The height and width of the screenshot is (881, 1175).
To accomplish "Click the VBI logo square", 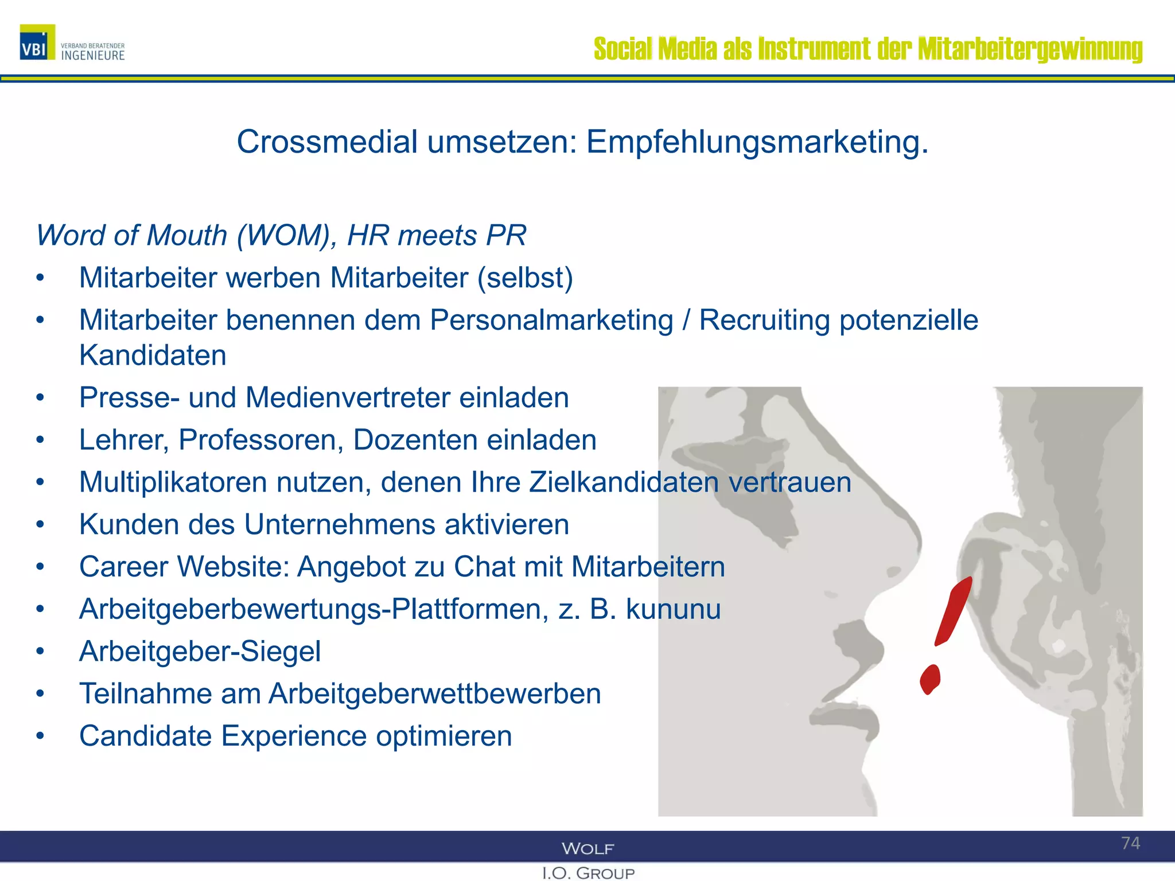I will pos(37,42).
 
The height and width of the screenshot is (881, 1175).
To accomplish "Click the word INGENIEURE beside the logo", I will pos(93,56).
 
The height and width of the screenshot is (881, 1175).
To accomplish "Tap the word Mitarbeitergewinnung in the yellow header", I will pos(1030,49).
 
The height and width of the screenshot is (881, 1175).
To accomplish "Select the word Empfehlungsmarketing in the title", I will pos(757,142).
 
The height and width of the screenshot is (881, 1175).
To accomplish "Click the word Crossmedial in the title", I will pos(327,142).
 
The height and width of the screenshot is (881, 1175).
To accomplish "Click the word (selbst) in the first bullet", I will pos(526,278).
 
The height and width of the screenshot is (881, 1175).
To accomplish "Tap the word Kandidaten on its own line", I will pos(153,355).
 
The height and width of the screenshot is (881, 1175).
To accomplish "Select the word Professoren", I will pos(261,440).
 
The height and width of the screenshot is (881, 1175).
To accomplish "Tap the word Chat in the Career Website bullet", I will pos(488,567).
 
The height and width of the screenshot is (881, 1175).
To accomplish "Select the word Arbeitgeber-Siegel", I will pos(200,652).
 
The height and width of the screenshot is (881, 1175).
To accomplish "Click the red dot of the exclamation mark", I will pos(930,679).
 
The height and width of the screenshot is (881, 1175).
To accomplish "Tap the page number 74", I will pos(1130,843).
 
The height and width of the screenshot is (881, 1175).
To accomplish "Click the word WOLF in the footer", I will pos(587,848).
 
